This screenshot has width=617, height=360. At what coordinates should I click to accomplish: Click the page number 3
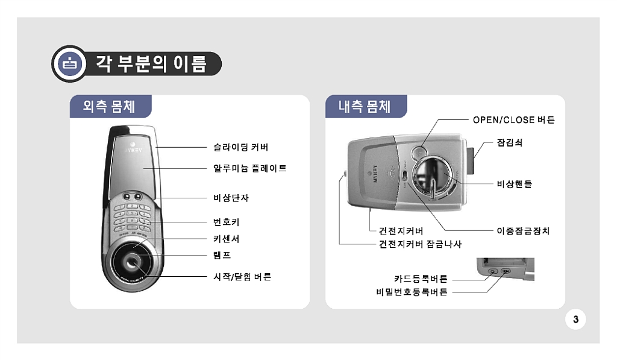575,320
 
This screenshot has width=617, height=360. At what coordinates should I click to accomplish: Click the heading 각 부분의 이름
151,64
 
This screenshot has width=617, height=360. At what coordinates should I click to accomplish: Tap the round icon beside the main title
70,63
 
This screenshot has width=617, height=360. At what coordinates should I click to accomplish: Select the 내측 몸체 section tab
366,106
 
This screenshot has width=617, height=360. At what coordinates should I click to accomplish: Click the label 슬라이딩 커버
241,147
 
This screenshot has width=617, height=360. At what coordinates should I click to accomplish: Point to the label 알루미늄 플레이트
250,169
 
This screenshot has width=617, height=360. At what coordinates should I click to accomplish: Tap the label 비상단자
231,198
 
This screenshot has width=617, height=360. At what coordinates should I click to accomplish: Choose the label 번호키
227,222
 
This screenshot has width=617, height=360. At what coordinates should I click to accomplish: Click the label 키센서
227,239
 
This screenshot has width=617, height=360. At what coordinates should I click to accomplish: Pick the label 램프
222,255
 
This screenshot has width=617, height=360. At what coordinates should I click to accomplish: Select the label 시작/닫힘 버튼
242,277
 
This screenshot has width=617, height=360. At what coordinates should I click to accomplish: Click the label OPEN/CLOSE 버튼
514,120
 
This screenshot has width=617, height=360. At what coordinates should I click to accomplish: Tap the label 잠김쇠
510,142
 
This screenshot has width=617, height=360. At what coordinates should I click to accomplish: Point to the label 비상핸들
515,184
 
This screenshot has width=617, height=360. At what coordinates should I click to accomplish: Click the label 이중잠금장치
523,231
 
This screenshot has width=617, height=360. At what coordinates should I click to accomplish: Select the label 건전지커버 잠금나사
420,244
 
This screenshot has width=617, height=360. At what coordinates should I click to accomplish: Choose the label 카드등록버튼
421,279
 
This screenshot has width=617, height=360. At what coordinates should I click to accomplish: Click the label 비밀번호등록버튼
412,292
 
